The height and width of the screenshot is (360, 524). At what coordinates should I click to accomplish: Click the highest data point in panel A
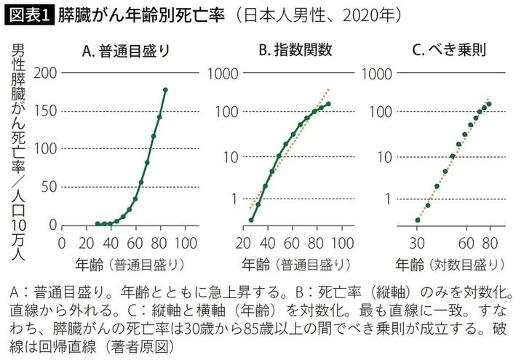point(165,90)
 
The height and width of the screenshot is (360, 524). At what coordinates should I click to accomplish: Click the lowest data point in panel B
point(251,220)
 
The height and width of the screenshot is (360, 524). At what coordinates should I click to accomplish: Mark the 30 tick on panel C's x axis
point(417,241)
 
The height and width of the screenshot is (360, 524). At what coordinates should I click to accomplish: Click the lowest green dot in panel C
point(417,220)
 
